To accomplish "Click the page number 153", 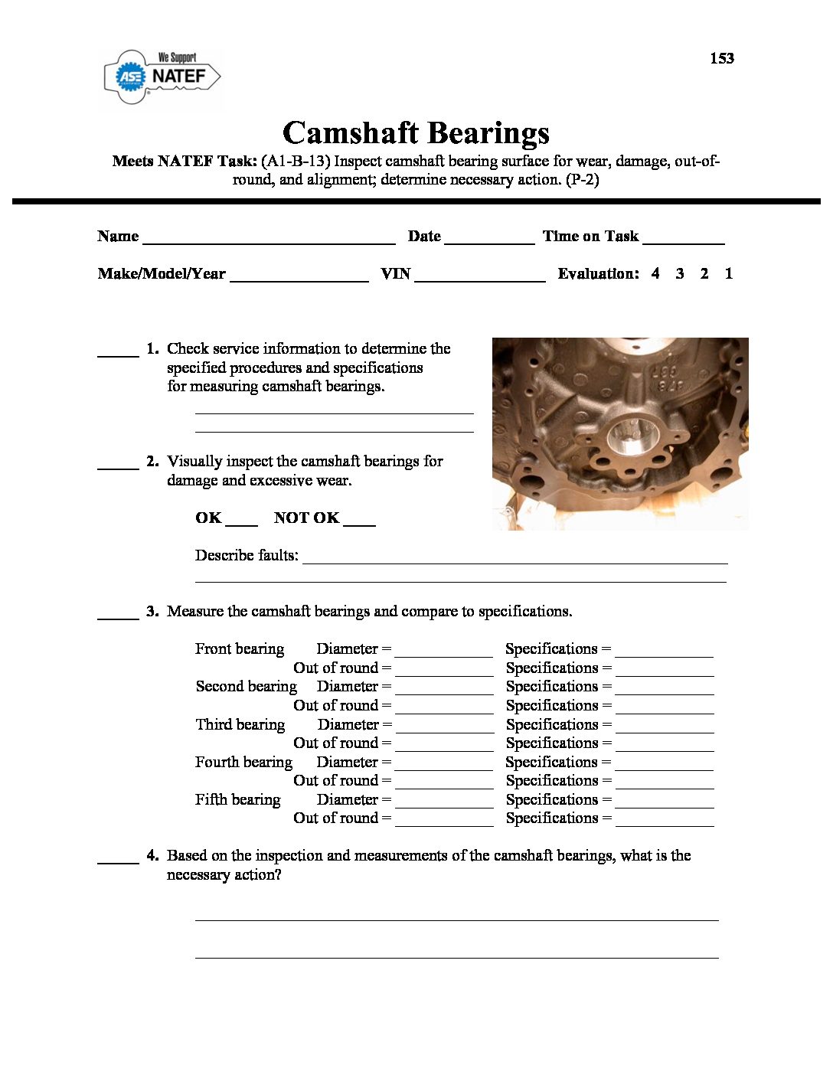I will coord(721,58).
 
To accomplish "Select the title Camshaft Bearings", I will coord(416,132).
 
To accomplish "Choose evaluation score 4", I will coord(655,273).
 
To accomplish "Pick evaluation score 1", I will coord(729,273).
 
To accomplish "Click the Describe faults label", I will coord(247,555).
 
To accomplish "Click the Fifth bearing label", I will coord(237,799).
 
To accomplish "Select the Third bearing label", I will coord(240,724).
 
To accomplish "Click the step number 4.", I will coord(152,855).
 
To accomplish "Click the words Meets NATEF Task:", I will coord(184,161).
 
